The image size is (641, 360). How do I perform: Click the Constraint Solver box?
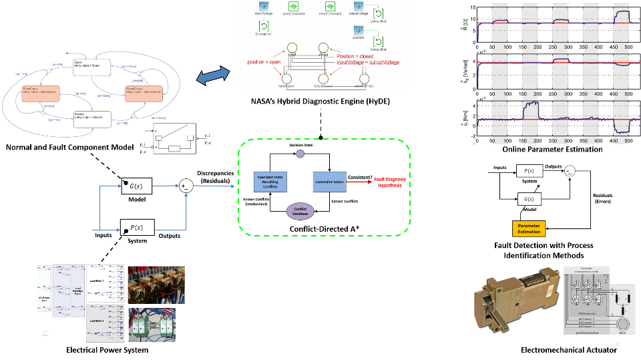point(330,182)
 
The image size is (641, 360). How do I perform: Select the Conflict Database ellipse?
point(300,211)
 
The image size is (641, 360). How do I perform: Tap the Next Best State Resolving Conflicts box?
point(270,182)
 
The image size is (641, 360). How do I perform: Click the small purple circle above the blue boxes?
point(300,154)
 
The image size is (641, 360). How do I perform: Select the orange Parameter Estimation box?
point(529,228)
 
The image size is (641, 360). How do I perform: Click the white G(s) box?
point(529,199)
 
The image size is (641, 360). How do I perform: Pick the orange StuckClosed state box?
point(144,94)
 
